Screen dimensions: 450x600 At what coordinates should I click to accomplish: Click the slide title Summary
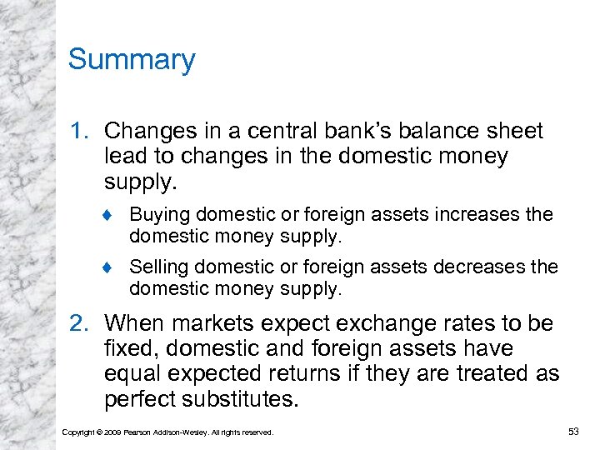[132, 60]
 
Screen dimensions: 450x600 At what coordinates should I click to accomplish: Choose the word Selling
[158, 267]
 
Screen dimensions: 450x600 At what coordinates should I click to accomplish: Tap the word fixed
[128, 349]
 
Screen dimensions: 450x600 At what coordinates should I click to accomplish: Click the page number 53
[572, 431]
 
